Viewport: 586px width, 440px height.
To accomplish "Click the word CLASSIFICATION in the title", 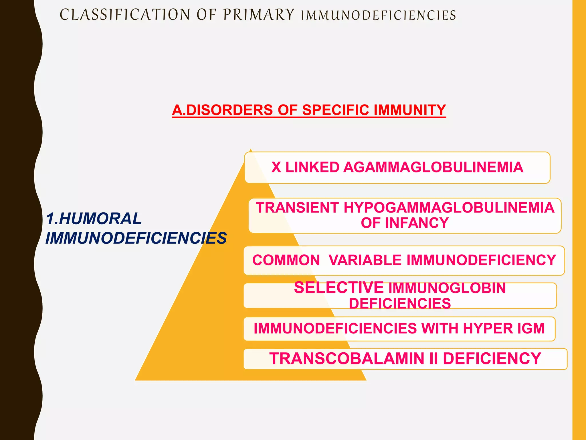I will pos(125,15).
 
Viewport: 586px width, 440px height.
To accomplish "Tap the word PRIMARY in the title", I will pos(259,15).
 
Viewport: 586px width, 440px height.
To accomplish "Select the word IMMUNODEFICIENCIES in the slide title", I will pos(379,15).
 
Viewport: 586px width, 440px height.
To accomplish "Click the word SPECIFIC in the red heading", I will pos(336,110).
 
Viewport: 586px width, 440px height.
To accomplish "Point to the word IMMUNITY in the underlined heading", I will pos(410,110).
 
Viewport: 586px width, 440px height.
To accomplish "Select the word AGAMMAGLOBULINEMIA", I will pos(433,167).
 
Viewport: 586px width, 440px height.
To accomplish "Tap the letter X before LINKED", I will pos(276,167).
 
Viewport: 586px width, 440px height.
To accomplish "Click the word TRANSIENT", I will pos(297,208).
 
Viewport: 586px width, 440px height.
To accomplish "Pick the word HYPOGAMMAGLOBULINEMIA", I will pos(449,208).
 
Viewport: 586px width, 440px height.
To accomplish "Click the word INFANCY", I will pos(417,223).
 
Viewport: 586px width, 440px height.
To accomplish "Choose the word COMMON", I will pos(286,260).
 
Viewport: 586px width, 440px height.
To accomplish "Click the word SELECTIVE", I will pos(339,288).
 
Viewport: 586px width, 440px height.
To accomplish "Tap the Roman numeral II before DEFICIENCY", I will pos(433,359).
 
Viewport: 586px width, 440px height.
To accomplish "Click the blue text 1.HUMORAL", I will pos(94,219).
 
